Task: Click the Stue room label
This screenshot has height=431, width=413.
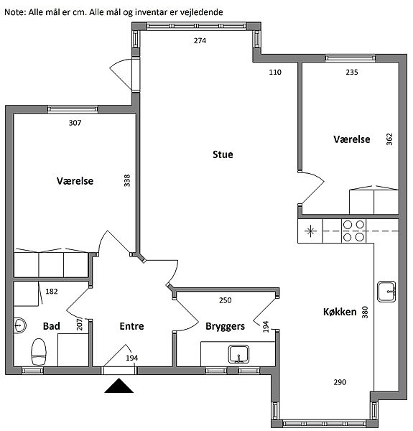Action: pyautogui.click(x=223, y=154)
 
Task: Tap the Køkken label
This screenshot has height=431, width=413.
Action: pyautogui.click(x=340, y=312)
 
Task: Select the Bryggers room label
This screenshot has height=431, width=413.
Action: pyautogui.click(x=225, y=326)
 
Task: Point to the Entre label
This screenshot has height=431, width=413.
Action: pyautogui.click(x=131, y=326)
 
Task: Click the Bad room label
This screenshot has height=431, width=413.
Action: pyautogui.click(x=52, y=326)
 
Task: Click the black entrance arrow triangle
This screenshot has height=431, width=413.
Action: pyautogui.click(x=119, y=385)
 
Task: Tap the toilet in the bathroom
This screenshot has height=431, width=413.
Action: pyautogui.click(x=39, y=352)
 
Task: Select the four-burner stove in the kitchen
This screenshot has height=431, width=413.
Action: pyautogui.click(x=353, y=231)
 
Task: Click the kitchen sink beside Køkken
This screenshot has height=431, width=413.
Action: pyautogui.click(x=386, y=292)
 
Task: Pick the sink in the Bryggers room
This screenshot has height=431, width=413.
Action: pyautogui.click(x=238, y=354)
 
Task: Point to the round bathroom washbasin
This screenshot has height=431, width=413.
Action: pyautogui.click(x=19, y=325)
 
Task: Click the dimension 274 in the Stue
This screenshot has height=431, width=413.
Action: pyautogui.click(x=200, y=41)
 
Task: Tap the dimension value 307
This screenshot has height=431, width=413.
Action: pyautogui.click(x=75, y=123)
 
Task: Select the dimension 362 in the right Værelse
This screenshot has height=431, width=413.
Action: pyautogui.click(x=389, y=139)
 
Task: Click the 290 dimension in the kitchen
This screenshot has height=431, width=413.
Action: pyautogui.click(x=340, y=382)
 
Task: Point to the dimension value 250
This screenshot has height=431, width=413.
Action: pyautogui.click(x=226, y=300)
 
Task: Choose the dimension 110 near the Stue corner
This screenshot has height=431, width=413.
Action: pyautogui.click(x=275, y=73)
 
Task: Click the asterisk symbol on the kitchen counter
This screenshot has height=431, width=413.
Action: pyautogui.click(x=310, y=231)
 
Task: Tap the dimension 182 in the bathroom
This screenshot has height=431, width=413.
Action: pyautogui.click(x=52, y=292)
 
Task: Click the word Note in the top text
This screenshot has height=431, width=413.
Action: pyautogui.click(x=15, y=12)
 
